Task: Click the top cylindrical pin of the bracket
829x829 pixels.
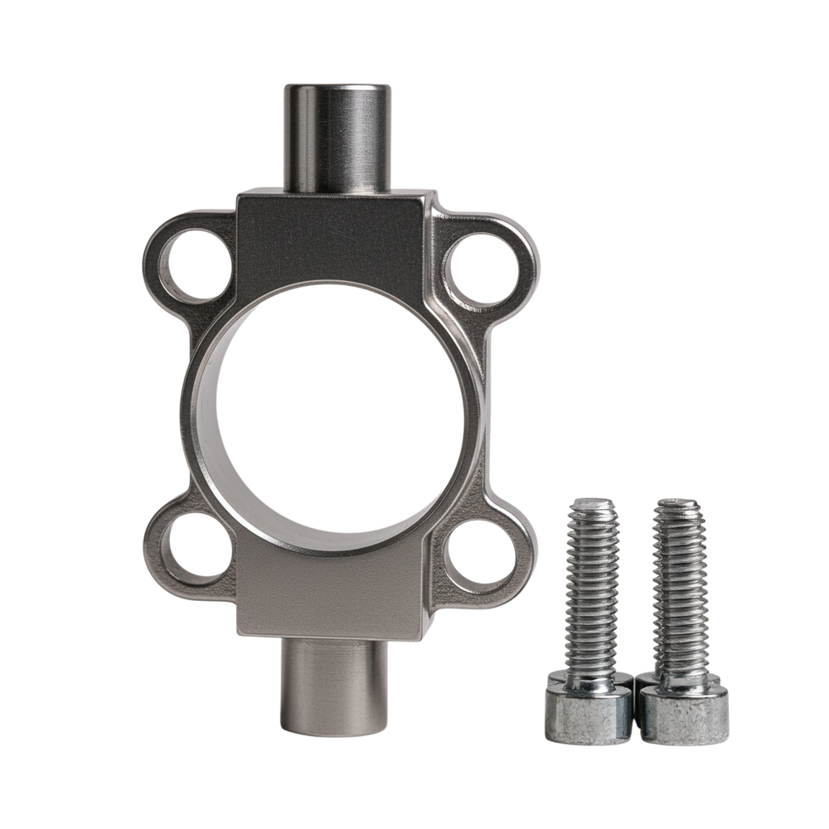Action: pyautogui.click(x=337, y=141)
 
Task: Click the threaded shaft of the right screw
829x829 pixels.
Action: pyautogui.click(x=679, y=589)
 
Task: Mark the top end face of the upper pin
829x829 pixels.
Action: pyautogui.click(x=337, y=88)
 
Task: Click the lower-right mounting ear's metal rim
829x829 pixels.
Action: pyautogui.click(x=518, y=572)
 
